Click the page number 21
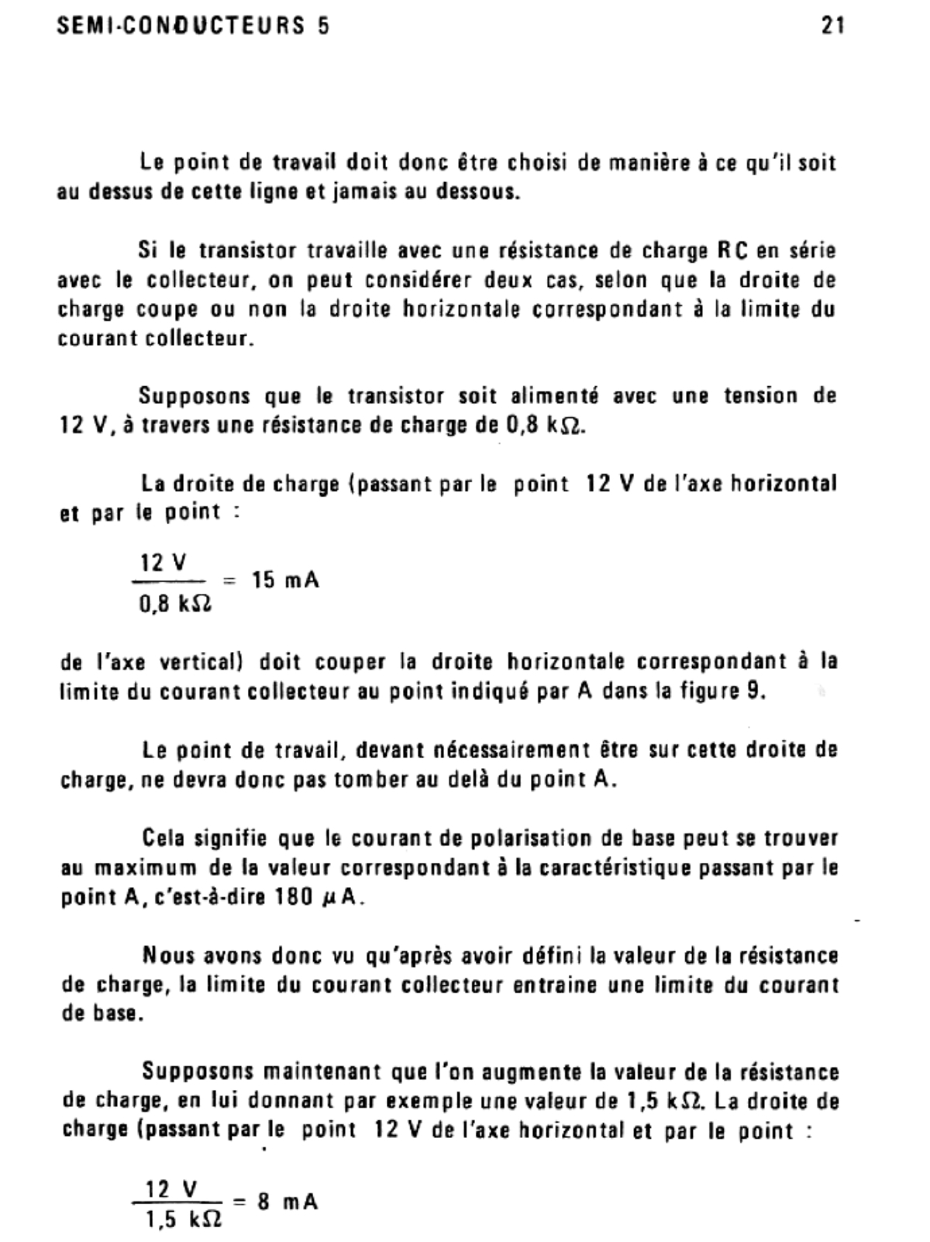[832, 26]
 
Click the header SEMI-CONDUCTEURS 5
[194, 26]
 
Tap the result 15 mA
[285, 580]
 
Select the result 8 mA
[288, 1202]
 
